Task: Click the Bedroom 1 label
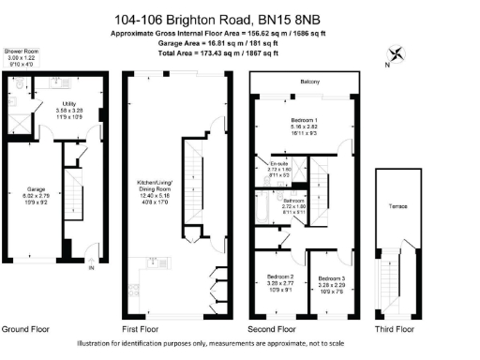coord(305,121)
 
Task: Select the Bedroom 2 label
coord(280,278)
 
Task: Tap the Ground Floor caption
coord(24,330)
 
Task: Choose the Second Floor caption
coord(272,330)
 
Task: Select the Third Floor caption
coord(393,330)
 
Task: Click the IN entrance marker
coord(91,269)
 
